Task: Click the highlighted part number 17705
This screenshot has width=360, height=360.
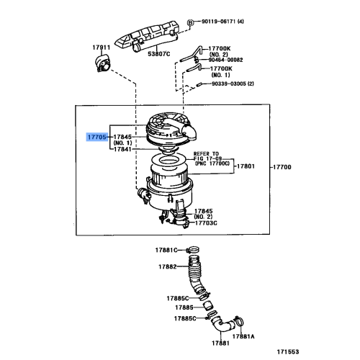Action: pyautogui.click(x=97, y=136)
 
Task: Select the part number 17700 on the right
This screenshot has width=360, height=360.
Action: pyautogui.click(x=282, y=166)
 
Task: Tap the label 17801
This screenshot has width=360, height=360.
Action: pyautogui.click(x=246, y=166)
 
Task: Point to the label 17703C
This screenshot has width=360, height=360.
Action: pyautogui.click(x=207, y=223)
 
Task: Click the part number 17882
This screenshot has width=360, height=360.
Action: pyautogui.click(x=168, y=266)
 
